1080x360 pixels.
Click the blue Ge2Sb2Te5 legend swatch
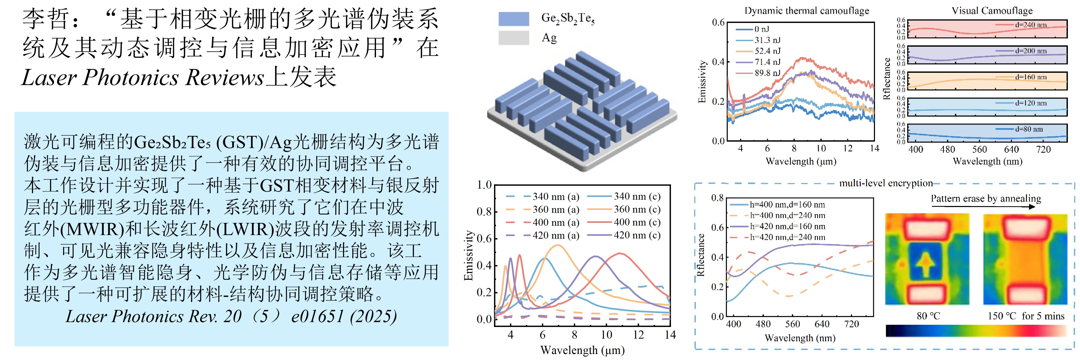click(513, 19)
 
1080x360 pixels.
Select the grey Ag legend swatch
click(513, 38)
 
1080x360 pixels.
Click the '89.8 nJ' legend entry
click(767, 73)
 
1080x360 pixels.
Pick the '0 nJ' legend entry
click(761, 29)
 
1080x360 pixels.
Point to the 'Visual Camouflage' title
click(992, 11)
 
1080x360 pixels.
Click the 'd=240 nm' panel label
click(1031, 25)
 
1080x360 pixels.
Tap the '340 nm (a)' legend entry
click(555, 196)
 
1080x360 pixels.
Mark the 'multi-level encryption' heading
click(886, 183)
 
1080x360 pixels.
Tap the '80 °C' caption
click(928, 316)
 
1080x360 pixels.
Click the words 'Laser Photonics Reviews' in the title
click(142, 78)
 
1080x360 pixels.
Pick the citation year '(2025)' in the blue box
click(373, 316)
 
